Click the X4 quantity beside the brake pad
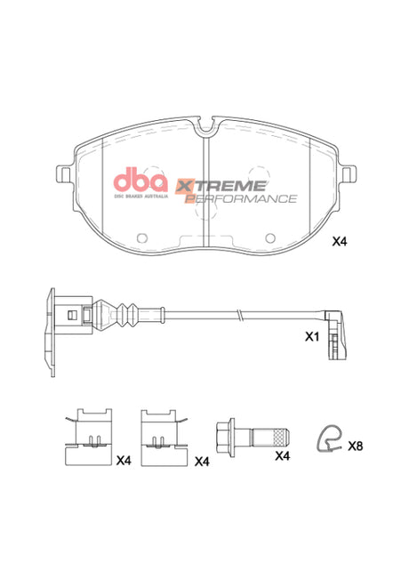click(341, 241)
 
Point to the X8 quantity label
click(356, 444)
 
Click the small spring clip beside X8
click(330, 438)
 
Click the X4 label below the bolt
click(282, 455)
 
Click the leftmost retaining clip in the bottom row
click(91, 436)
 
